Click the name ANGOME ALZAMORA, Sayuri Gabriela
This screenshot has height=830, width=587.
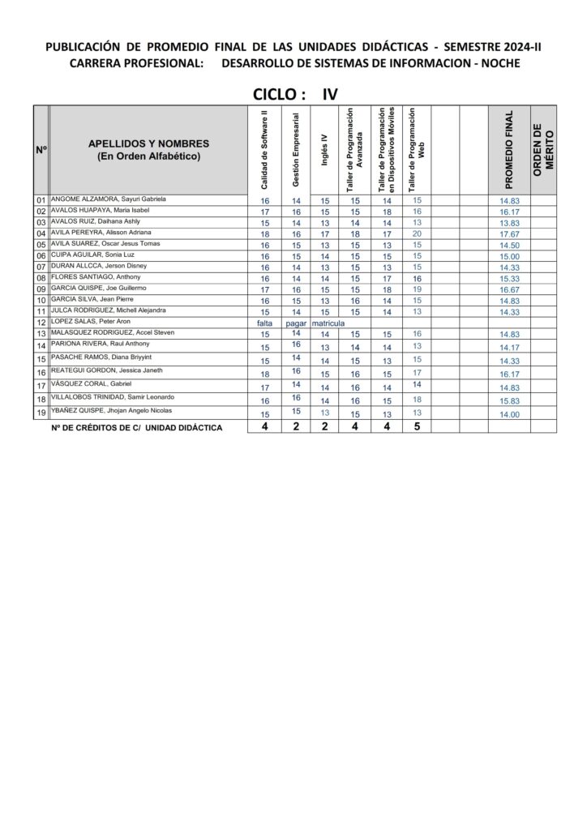pos(109,199)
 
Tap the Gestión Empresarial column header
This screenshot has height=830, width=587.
pos(296,150)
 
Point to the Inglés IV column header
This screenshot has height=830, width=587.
pos(324,151)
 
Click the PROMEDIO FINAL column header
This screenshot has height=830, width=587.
pos(509,150)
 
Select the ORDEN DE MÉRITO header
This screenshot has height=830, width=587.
pos(542,150)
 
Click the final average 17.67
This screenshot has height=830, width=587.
pos(509,234)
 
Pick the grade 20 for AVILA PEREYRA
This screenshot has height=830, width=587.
pos(417,233)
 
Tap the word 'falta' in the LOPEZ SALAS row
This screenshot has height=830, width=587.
pos(264,323)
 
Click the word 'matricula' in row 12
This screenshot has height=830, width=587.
pos(328,323)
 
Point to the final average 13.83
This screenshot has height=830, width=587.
pos(509,223)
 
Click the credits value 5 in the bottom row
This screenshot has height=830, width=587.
pos(417,426)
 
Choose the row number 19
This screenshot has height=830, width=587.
pos(41,414)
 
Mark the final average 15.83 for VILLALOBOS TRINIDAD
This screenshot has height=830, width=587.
pos(509,400)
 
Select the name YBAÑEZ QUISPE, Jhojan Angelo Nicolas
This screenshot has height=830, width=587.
pos(111,410)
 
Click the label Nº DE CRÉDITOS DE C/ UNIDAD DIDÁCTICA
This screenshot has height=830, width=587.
pos(136,427)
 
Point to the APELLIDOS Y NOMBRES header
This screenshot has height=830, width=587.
pos(148,149)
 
